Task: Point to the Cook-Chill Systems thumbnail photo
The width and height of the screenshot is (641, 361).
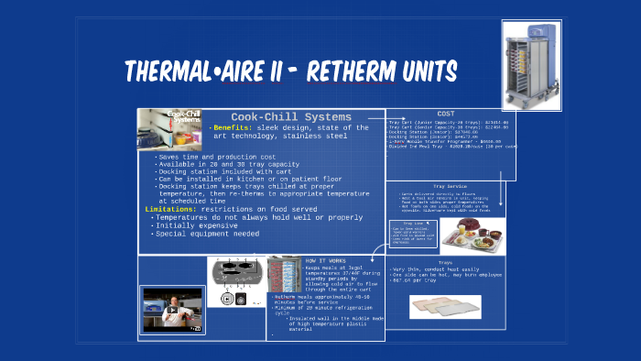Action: pyautogui.click(x=170, y=129)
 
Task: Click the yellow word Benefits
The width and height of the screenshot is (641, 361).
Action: pyautogui.click(x=232, y=128)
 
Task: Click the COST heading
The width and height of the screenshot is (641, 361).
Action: pyautogui.click(x=445, y=113)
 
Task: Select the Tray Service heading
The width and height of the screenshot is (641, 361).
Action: pyautogui.click(x=445, y=186)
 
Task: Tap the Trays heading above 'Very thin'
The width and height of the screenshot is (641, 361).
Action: pyautogui.click(x=445, y=263)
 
